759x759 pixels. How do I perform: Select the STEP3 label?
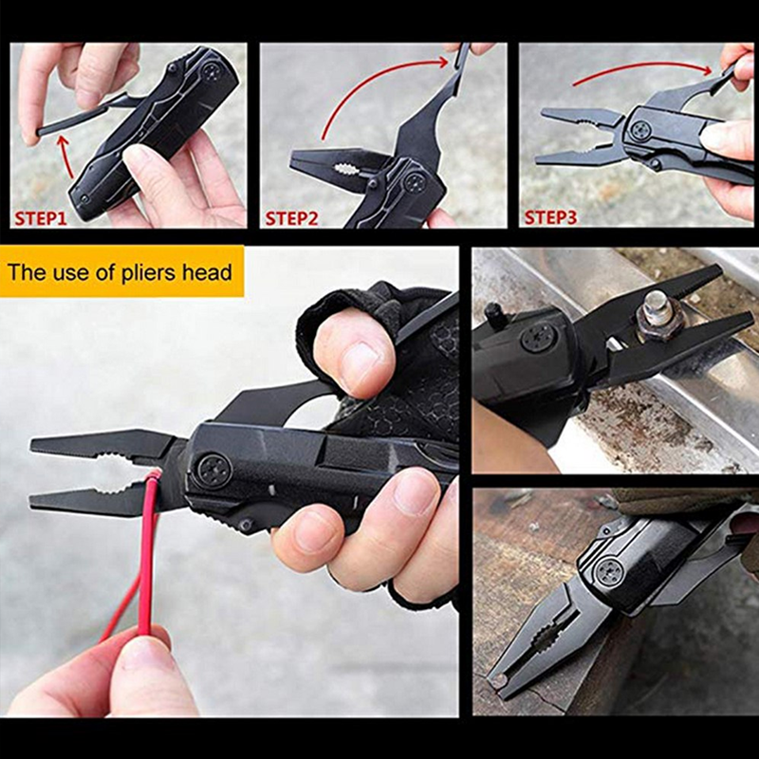click(550, 217)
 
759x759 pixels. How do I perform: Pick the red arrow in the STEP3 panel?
click(645, 68)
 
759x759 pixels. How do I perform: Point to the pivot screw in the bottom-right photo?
click(609, 572)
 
